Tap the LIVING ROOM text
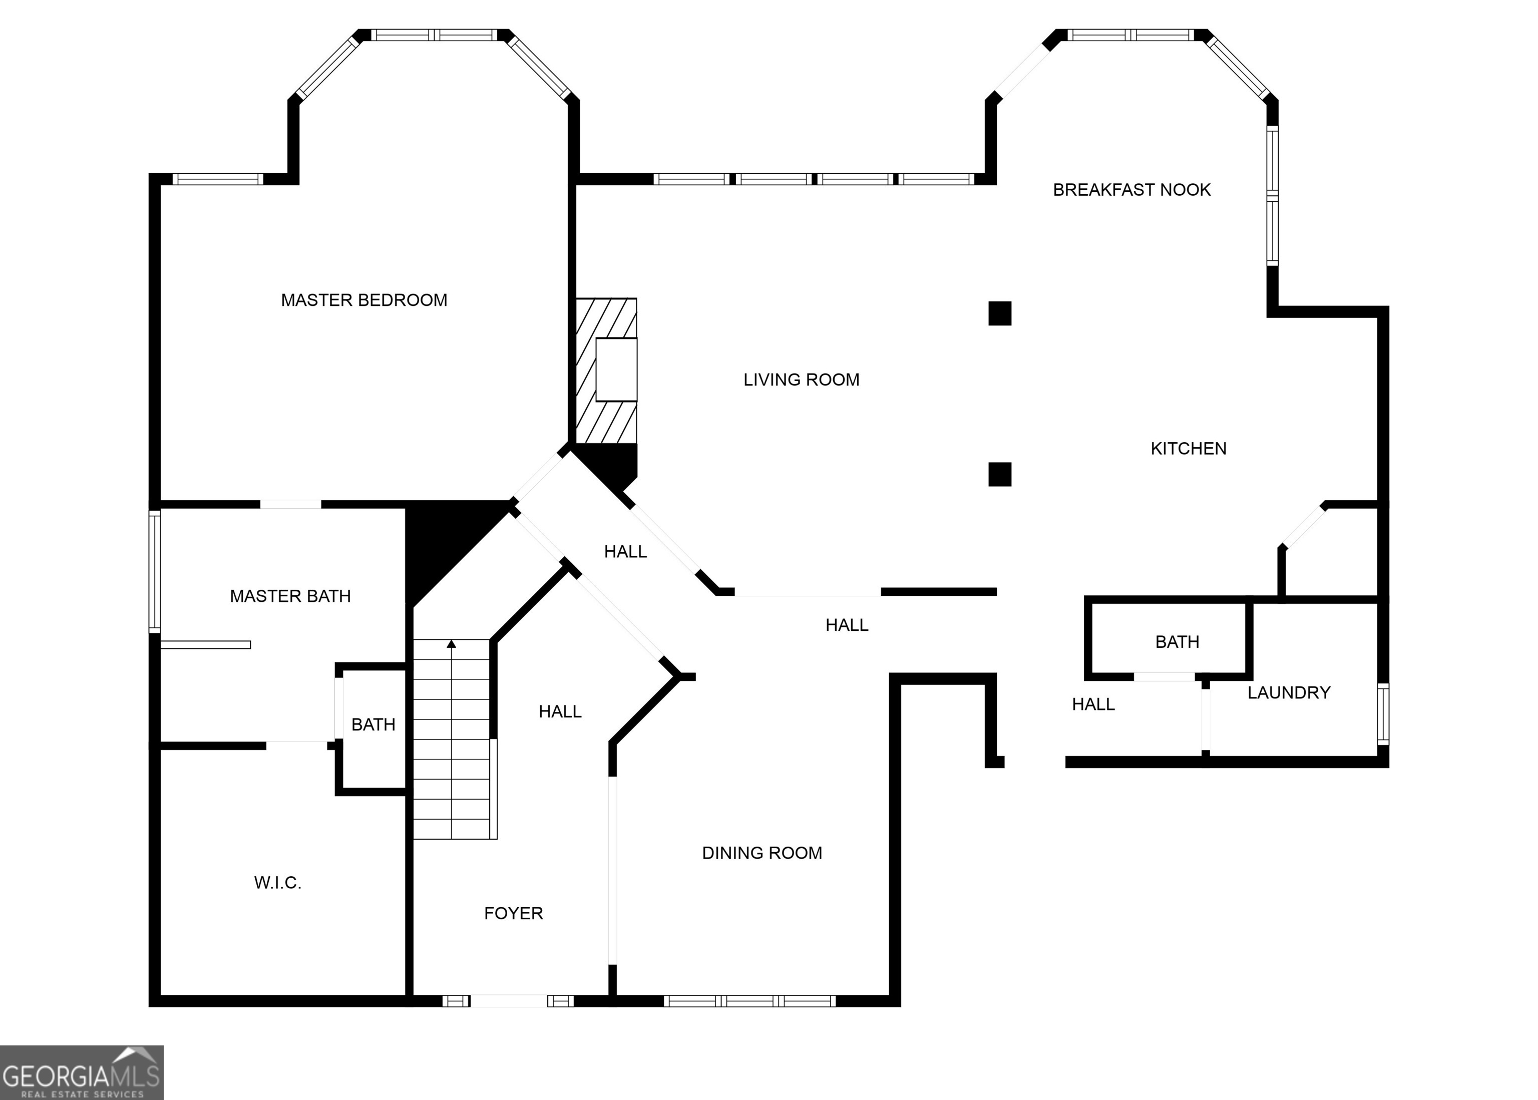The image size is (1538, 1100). pyautogui.click(x=801, y=380)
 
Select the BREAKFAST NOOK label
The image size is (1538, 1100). pyautogui.click(x=1131, y=190)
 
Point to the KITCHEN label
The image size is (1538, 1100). pyautogui.click(x=1188, y=449)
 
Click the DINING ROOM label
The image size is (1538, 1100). pyautogui.click(x=762, y=853)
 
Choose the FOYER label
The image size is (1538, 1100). pyautogui.click(x=513, y=913)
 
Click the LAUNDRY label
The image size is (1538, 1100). pyautogui.click(x=1289, y=692)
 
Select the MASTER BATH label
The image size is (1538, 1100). pyautogui.click(x=290, y=596)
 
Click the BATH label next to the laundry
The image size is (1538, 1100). pyautogui.click(x=1177, y=641)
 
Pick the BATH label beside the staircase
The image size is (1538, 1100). pyautogui.click(x=373, y=725)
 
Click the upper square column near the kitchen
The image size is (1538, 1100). pyautogui.click(x=1000, y=313)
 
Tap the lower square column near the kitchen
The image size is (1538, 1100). pyautogui.click(x=1000, y=474)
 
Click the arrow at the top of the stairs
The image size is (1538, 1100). pyautogui.click(x=452, y=643)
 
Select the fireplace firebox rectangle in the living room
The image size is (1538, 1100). pyautogui.click(x=616, y=369)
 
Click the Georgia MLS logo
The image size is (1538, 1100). pyautogui.click(x=81, y=1072)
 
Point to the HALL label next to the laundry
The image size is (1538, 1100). pyautogui.click(x=1093, y=704)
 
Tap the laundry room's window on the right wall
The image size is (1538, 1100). pyautogui.click(x=1383, y=714)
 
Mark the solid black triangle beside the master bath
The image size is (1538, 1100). pyautogui.click(x=440, y=542)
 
